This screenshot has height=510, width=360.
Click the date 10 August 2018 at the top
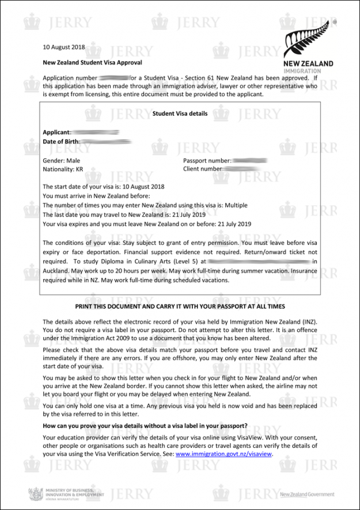tap(63, 47)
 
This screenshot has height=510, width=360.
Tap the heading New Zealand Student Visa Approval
tap(92, 62)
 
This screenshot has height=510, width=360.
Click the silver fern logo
tap(308, 40)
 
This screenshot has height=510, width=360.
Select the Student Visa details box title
tap(180, 114)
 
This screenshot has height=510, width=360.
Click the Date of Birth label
tap(61, 142)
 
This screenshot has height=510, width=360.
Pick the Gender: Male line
tap(62, 160)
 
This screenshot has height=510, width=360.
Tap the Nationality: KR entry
tap(67, 169)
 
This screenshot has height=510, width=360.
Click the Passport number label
tap(207, 160)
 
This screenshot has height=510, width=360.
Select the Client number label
tap(202, 169)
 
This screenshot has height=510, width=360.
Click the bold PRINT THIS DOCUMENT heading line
tap(180, 306)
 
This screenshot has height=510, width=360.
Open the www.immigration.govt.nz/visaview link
tap(223, 454)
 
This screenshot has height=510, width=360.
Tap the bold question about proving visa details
tap(146, 426)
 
